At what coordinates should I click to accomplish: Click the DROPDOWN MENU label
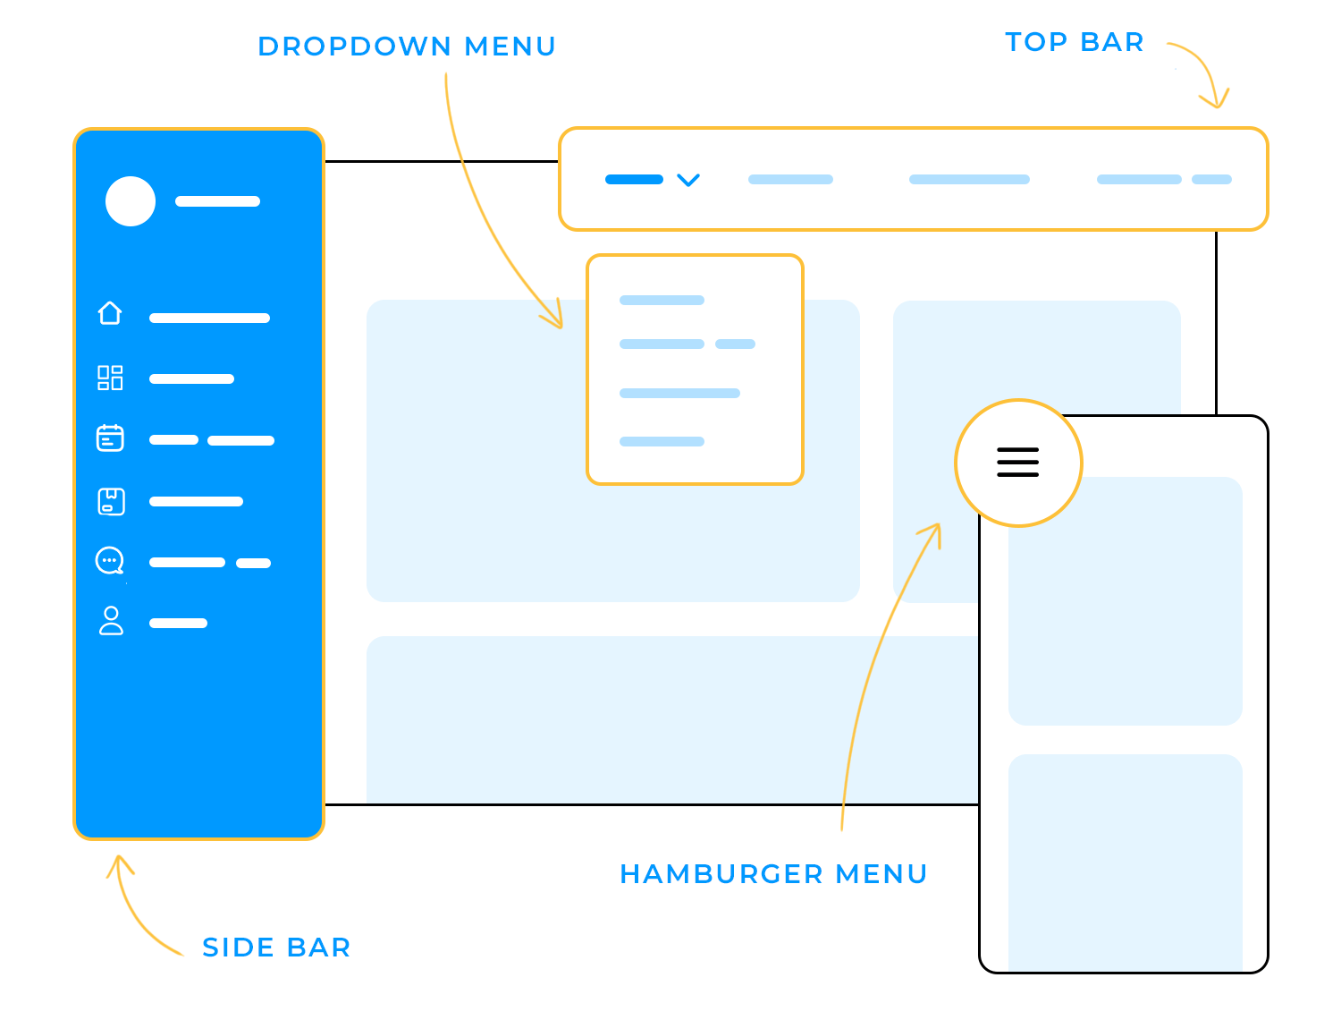[407, 47]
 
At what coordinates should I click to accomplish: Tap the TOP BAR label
[1074, 42]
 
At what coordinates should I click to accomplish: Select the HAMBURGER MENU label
[773, 874]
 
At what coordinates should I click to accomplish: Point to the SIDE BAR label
[276, 948]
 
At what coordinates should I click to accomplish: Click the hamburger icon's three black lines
[1017, 463]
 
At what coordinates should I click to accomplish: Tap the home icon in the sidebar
[110, 313]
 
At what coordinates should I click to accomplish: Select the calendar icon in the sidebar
[110, 438]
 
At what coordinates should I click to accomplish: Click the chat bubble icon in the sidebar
[110, 561]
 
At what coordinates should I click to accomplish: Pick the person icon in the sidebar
[111, 621]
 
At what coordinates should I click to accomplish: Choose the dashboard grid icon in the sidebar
[110, 378]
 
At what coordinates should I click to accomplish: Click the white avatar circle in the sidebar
[131, 201]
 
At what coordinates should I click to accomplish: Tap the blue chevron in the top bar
[687, 180]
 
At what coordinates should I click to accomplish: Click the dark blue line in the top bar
[634, 180]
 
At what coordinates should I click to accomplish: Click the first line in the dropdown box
[662, 301]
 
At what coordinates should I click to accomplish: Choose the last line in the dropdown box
[662, 441]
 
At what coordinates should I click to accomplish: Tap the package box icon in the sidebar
[111, 501]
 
